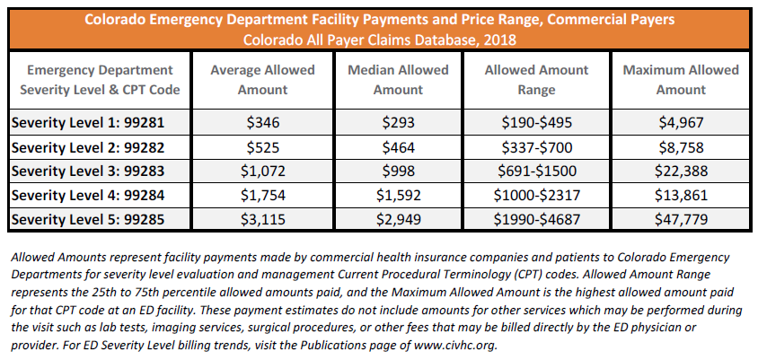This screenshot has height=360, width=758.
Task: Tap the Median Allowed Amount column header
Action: point(398,79)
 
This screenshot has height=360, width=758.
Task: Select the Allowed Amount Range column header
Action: point(537,79)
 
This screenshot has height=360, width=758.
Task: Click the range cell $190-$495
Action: point(537,120)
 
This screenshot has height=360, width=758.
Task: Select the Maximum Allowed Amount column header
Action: point(681,79)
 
